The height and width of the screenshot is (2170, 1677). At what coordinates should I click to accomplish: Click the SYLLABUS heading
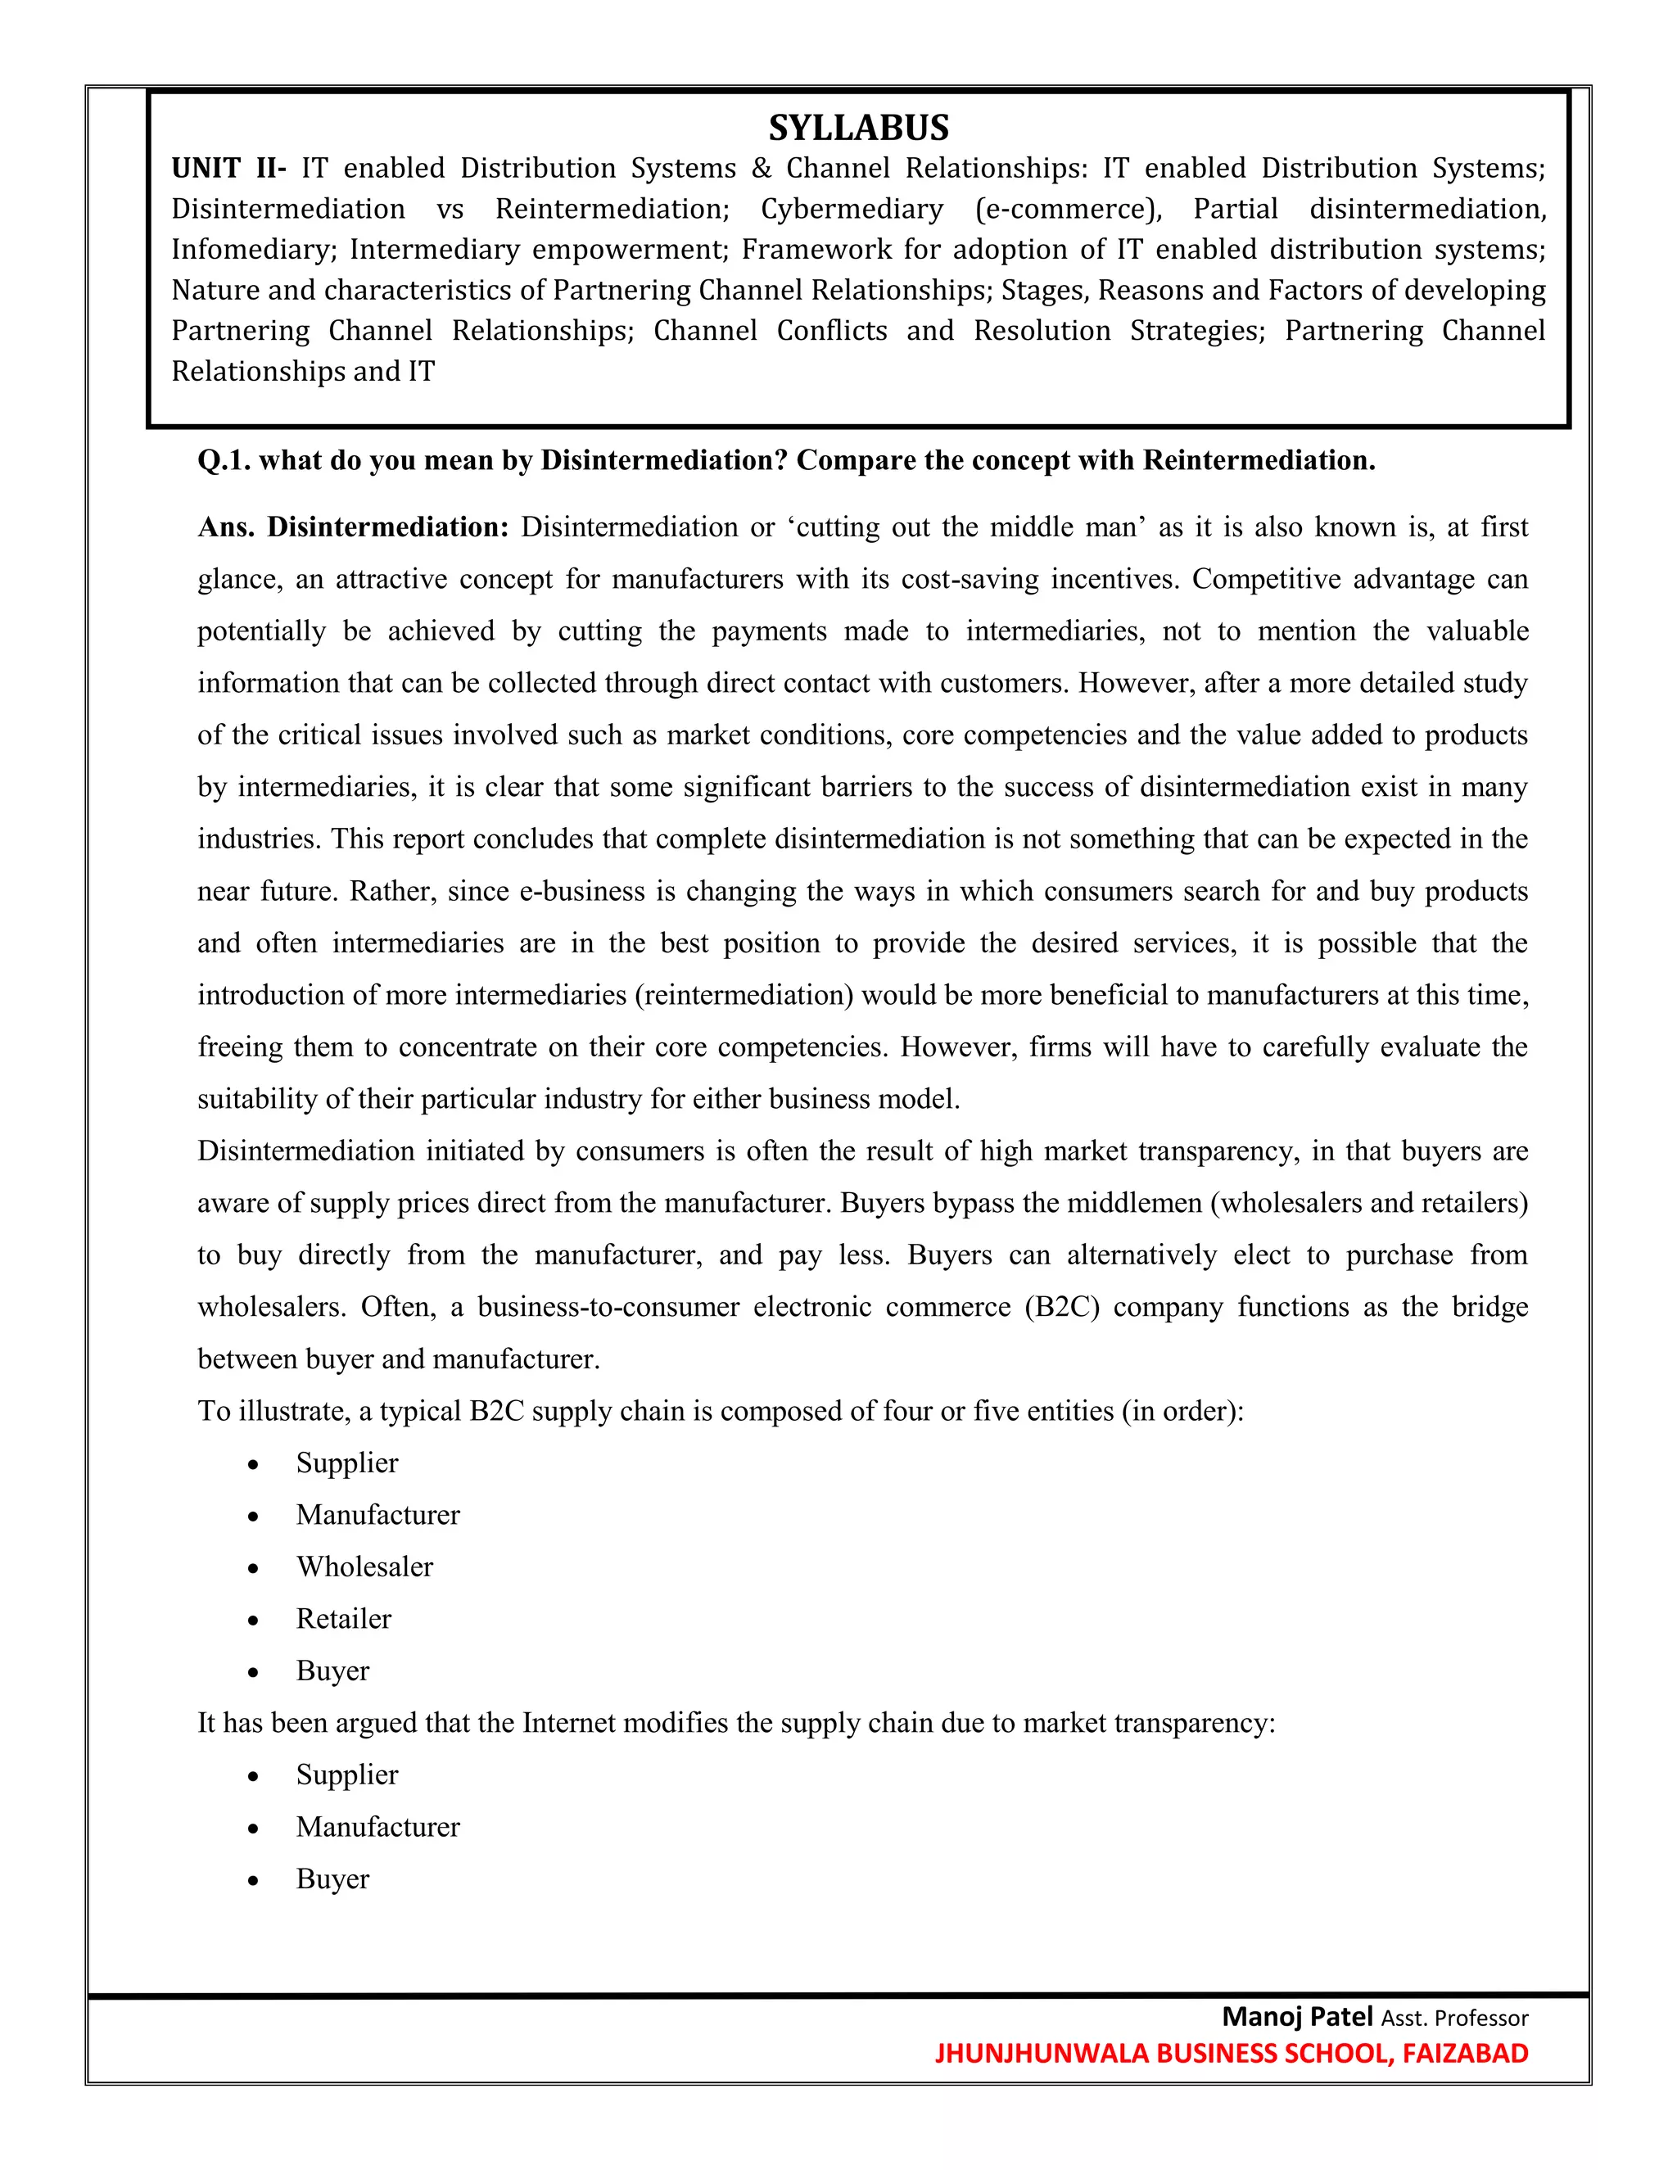[858, 129]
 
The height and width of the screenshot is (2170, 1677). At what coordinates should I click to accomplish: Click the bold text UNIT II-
[228, 168]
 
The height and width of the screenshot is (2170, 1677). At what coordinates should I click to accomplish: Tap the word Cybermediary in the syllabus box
[852, 209]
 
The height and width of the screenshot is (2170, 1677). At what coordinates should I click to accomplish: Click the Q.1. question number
[224, 461]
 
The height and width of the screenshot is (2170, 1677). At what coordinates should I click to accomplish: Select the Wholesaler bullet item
[364, 1566]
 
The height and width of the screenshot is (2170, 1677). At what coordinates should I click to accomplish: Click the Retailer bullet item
[344, 1619]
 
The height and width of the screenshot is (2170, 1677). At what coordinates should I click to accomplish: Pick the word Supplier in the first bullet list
[346, 1463]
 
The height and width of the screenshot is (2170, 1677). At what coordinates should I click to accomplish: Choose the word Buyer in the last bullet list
[332, 1878]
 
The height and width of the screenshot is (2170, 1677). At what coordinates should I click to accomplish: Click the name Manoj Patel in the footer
[1296, 2016]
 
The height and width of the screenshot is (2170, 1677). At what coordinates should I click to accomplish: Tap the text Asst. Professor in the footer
[1454, 2018]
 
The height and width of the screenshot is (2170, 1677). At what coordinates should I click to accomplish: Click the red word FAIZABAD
[1466, 2053]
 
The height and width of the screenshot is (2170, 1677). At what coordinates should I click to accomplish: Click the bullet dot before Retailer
[255, 1620]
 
